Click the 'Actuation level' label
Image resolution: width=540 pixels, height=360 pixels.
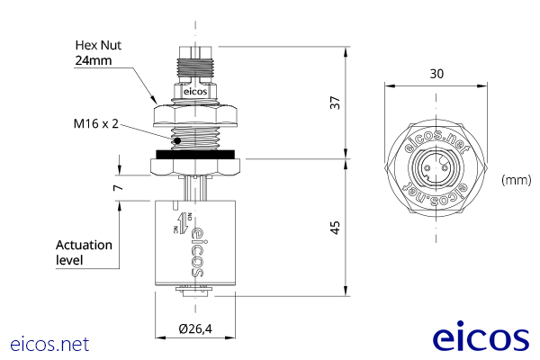click(x=84, y=252)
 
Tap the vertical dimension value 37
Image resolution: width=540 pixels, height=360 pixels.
click(x=336, y=103)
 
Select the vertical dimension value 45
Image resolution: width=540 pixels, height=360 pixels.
click(x=336, y=228)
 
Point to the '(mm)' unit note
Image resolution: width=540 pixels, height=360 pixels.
click(x=517, y=180)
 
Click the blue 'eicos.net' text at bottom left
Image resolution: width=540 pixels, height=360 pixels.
click(x=49, y=343)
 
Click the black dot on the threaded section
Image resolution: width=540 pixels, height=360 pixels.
click(x=178, y=139)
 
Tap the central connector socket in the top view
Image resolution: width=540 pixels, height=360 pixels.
click(x=436, y=168)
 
